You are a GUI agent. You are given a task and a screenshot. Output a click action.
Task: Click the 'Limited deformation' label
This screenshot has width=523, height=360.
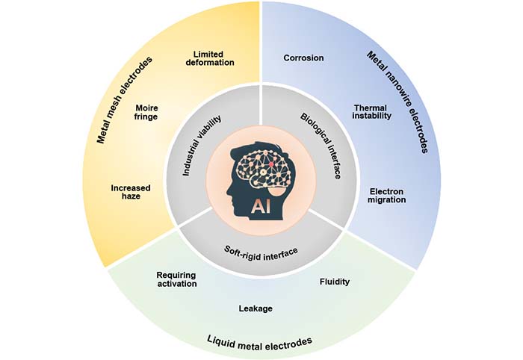(214, 58)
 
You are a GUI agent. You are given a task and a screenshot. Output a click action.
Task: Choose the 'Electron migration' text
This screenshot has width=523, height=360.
(388, 195)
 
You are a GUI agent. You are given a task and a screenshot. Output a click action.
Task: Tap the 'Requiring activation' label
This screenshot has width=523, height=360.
(176, 279)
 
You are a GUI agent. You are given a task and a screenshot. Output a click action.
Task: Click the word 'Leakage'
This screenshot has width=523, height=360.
(255, 308)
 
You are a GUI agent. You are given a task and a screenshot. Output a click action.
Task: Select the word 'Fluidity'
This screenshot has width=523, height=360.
(334, 282)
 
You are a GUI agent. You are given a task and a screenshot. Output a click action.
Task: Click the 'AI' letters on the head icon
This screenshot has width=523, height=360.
(258, 204)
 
